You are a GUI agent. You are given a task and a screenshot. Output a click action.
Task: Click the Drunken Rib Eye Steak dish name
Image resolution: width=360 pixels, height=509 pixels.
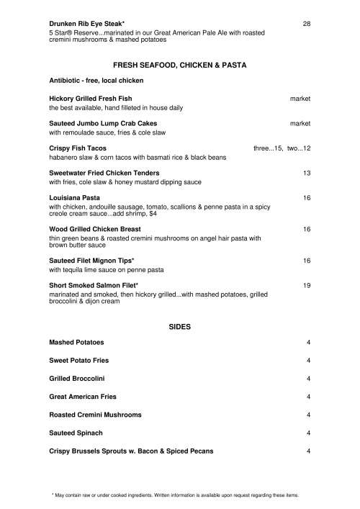87,24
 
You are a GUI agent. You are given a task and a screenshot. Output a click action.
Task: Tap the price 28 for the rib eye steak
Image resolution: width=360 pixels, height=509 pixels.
306,24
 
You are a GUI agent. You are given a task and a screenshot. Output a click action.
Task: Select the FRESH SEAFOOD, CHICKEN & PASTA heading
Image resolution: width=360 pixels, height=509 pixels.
180,65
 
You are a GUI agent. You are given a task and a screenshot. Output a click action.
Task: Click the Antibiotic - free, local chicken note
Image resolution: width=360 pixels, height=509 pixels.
96,79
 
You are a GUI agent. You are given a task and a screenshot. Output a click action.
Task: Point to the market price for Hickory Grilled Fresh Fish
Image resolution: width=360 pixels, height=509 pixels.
300,97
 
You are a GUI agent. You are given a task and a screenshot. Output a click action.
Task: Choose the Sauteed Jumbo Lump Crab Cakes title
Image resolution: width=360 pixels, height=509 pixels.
103,123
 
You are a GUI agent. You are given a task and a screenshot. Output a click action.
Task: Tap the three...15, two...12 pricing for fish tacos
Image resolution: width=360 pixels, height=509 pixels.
282,148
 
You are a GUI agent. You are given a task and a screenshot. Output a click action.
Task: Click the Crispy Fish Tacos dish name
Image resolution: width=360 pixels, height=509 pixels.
78,148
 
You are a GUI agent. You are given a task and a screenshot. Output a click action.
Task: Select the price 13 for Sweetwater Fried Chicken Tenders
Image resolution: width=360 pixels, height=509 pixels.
306,173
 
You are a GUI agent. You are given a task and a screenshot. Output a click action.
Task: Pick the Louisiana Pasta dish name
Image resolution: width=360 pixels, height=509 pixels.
74,197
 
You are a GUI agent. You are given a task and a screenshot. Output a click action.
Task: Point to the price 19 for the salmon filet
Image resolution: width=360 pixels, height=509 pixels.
306,285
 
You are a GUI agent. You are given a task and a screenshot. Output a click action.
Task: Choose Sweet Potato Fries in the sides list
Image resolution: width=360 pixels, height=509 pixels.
78,360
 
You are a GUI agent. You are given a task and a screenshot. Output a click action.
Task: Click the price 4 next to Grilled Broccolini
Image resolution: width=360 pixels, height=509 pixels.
308,378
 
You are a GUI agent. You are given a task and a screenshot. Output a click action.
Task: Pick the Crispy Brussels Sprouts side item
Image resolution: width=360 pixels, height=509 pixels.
130,451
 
